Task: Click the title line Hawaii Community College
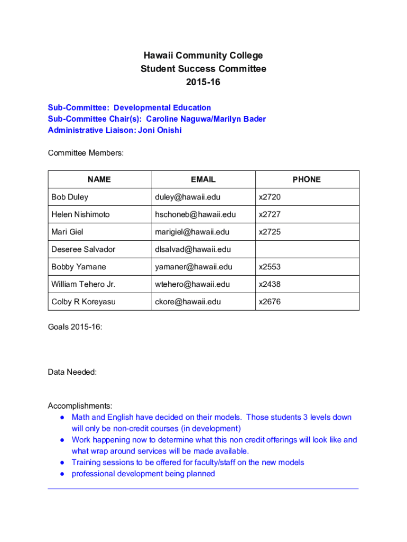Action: pos(203,56)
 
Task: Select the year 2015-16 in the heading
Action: pos(203,82)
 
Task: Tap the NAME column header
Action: pos(99,179)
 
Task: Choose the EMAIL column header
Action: pos(203,179)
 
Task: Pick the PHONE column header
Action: pos(307,179)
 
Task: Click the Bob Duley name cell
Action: pos(70,197)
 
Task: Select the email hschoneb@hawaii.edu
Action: pos(195,214)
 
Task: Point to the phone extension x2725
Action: pos(270,232)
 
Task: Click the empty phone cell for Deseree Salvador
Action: pos(307,249)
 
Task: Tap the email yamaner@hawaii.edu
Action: pos(193,267)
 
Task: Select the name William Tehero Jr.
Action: pos(83,284)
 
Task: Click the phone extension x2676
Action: pos(270,302)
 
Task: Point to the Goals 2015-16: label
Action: pos(75,327)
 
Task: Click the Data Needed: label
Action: pos(72,372)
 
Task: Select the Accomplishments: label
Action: pos(80,406)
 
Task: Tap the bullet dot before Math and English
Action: pos(62,418)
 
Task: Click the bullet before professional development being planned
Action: pos(62,474)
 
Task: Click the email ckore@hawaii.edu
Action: pos(188,302)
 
